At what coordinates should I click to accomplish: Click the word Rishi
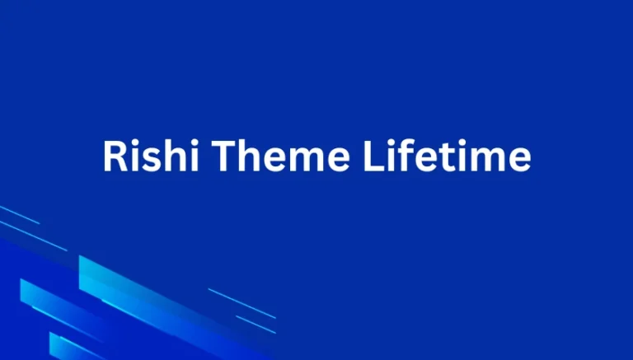(144, 156)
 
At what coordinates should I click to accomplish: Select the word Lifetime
(447, 156)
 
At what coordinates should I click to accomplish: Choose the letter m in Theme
(298, 158)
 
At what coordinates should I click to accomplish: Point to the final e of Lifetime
(518, 158)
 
